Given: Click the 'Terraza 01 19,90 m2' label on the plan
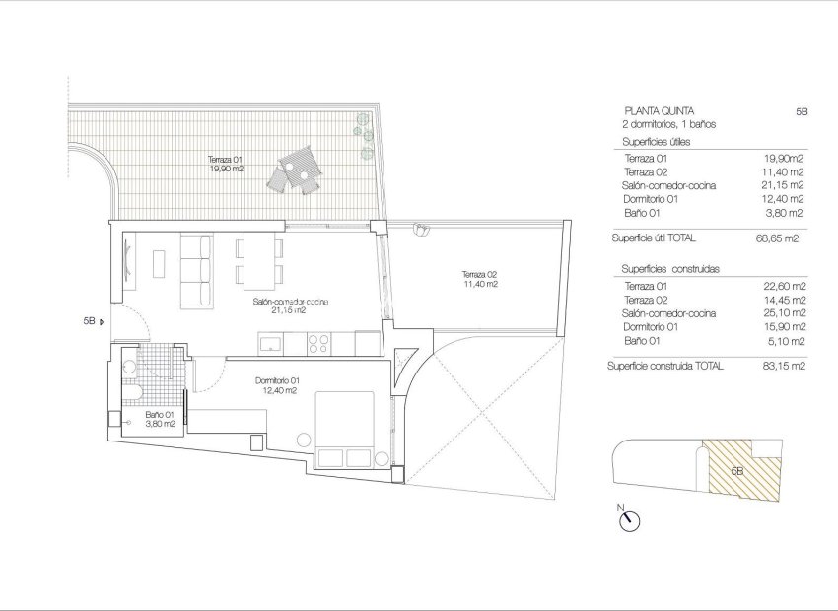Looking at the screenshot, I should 225,164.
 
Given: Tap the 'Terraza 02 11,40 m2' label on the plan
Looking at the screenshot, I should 478,279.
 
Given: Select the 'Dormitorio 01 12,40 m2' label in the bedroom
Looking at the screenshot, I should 277,385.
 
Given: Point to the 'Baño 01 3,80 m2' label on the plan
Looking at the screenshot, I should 160,420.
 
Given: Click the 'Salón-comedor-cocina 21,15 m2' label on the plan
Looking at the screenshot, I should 290,306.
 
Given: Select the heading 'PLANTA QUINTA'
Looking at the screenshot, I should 658,111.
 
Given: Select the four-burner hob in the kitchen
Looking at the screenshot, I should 319,344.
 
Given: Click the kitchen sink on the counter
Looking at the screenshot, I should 270,344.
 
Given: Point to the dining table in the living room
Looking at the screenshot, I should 259,258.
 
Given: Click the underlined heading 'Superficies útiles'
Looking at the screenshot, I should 656,142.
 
